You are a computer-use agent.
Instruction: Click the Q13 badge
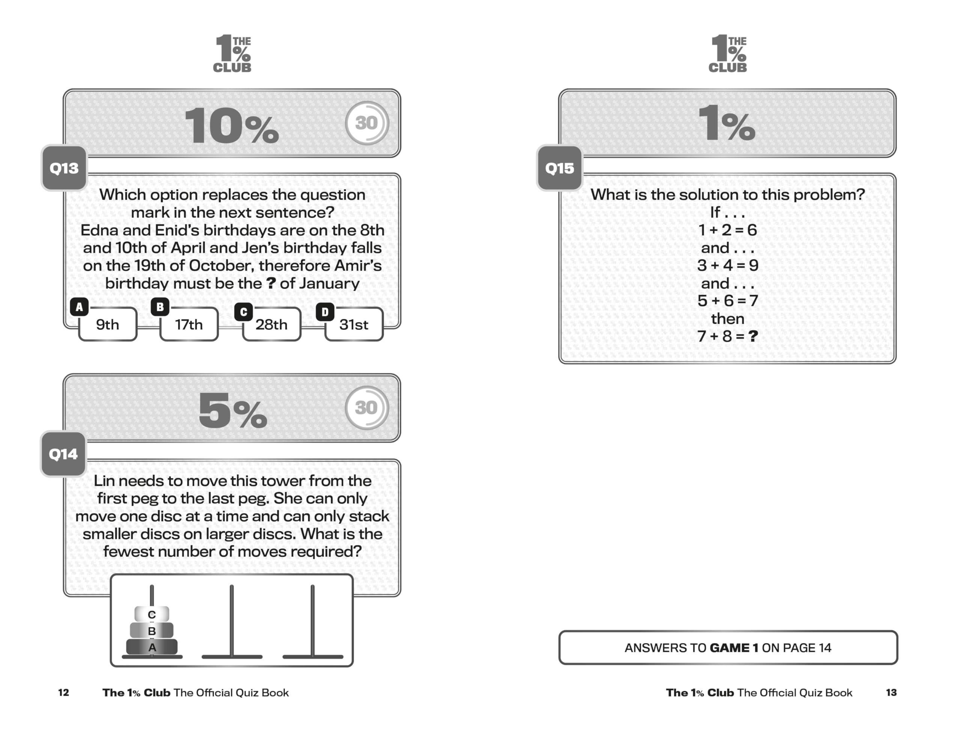point(64,168)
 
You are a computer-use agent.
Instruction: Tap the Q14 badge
point(63,454)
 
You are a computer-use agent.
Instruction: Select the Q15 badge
point(559,168)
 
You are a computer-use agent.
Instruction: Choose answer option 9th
point(107,325)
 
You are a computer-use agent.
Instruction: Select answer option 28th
point(271,325)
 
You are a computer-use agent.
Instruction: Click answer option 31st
point(354,325)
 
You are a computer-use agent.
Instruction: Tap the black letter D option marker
point(325,312)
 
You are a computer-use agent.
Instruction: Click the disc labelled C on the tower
point(152,614)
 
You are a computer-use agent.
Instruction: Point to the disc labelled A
point(152,647)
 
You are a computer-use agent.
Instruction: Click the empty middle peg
point(232,623)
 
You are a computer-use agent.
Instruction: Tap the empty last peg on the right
point(312,623)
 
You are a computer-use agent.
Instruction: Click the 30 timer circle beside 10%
point(366,123)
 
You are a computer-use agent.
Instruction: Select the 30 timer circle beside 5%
point(366,407)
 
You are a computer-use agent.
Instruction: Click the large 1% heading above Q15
point(727,124)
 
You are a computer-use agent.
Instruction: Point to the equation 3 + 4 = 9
point(727,265)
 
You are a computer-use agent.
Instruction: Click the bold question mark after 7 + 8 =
point(753,336)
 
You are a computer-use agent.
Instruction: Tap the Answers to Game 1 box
point(728,648)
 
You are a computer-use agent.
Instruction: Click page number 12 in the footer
point(63,692)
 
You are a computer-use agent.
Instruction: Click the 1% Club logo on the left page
point(232,54)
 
